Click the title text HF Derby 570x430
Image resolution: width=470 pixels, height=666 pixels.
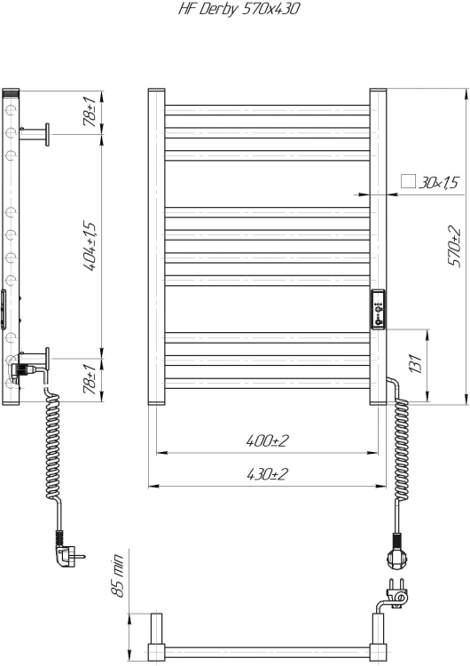click(x=235, y=12)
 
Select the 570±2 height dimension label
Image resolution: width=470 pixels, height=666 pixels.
click(x=455, y=246)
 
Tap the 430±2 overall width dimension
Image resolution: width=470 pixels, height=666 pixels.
click(x=266, y=474)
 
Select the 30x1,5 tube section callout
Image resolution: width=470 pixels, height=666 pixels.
click(x=440, y=183)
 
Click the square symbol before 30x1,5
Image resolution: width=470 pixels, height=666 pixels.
click(x=409, y=181)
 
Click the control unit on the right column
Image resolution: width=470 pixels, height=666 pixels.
click(x=378, y=310)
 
